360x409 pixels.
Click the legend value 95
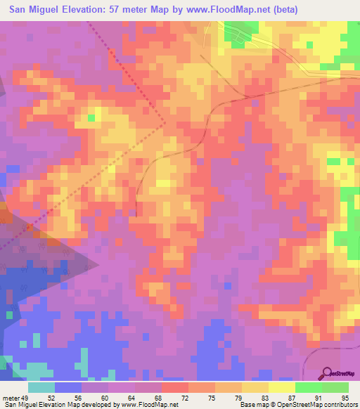345,397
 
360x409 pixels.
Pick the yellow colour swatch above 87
282,387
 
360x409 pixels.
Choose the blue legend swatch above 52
69,387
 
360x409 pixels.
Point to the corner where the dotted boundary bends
166,124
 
